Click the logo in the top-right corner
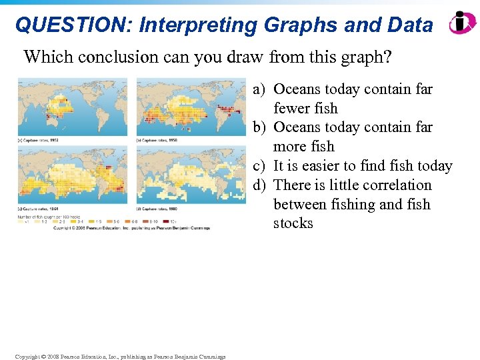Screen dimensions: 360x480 (x=462, y=23)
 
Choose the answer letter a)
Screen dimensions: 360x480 (x=259, y=89)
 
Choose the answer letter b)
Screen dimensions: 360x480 (x=259, y=127)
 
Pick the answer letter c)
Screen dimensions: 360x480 (x=259, y=166)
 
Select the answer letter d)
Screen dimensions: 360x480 (x=259, y=185)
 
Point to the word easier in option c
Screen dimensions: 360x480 (x=319, y=166)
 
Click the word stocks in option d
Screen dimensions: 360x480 (x=293, y=223)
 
